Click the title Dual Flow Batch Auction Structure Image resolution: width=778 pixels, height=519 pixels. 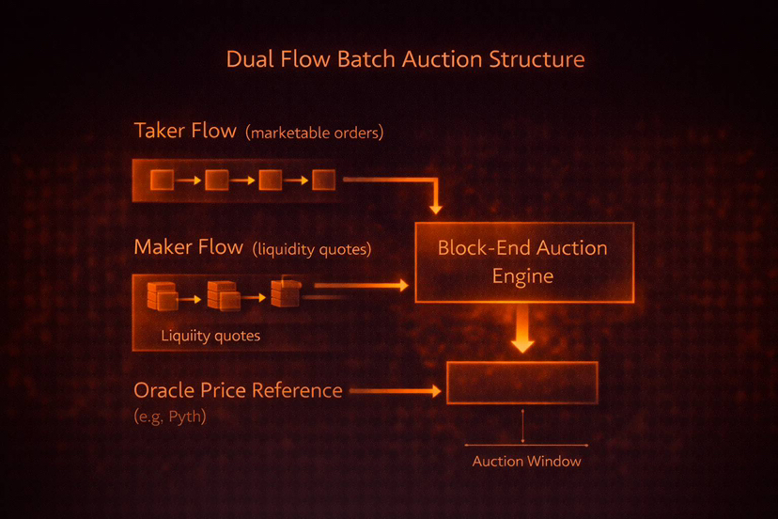pyautogui.click(x=405, y=59)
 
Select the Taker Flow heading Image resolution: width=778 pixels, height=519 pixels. pyautogui.click(x=185, y=131)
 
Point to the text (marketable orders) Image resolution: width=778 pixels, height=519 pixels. pyautogui.click(x=314, y=133)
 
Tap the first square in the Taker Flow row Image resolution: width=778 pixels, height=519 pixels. pyautogui.click(x=162, y=179)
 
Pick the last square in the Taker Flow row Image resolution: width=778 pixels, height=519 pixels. pyautogui.click(x=323, y=179)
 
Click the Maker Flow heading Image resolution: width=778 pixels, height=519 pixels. pyautogui.click(x=188, y=247)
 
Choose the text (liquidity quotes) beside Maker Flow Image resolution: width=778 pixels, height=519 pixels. pyautogui.click(x=312, y=249)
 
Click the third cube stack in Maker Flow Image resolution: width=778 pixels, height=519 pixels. pyautogui.click(x=284, y=292)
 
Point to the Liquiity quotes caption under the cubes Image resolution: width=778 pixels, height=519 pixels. pyautogui.click(x=210, y=336)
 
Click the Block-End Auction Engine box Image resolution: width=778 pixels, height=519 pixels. pyautogui.click(x=523, y=261)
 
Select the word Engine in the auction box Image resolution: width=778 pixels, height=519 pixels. pyautogui.click(x=522, y=276)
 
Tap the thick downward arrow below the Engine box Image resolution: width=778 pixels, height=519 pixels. pyautogui.click(x=523, y=331)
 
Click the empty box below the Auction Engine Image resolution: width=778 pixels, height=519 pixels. pyautogui.click(x=522, y=383)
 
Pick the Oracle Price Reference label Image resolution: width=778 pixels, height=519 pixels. pyautogui.click(x=238, y=389)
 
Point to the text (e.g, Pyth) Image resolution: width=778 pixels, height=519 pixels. pyautogui.click(x=170, y=415)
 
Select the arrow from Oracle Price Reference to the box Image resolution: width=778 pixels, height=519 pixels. pyautogui.click(x=395, y=389)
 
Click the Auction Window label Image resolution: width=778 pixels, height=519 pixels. pyautogui.click(x=526, y=461)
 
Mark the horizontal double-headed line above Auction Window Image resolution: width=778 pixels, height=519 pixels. pyautogui.click(x=526, y=444)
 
